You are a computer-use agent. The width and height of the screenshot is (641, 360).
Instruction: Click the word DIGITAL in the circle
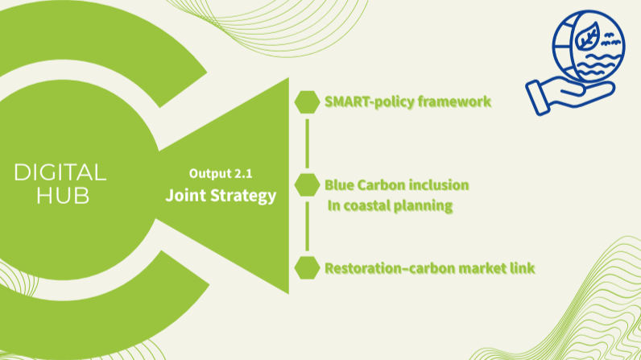pyautogui.click(x=60, y=172)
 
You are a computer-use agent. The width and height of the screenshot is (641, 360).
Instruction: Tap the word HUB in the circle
pyautogui.click(x=63, y=196)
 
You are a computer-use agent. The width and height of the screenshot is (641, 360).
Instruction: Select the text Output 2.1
pyautogui.click(x=221, y=174)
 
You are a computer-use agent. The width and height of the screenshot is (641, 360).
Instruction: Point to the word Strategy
pyautogui.click(x=243, y=197)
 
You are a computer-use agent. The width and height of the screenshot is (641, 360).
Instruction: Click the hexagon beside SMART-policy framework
pyautogui.click(x=307, y=102)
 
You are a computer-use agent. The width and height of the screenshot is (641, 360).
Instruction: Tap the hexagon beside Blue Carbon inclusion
pyautogui.click(x=307, y=184)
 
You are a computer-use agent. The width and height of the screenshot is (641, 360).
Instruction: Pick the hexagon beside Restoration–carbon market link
pyautogui.click(x=307, y=268)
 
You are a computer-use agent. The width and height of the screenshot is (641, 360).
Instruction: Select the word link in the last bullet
pyautogui.click(x=523, y=268)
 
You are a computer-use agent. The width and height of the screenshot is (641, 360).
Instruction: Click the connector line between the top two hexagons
pyautogui.click(x=307, y=143)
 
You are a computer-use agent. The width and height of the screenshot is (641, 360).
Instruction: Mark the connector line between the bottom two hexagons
pyautogui.click(x=307, y=226)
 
